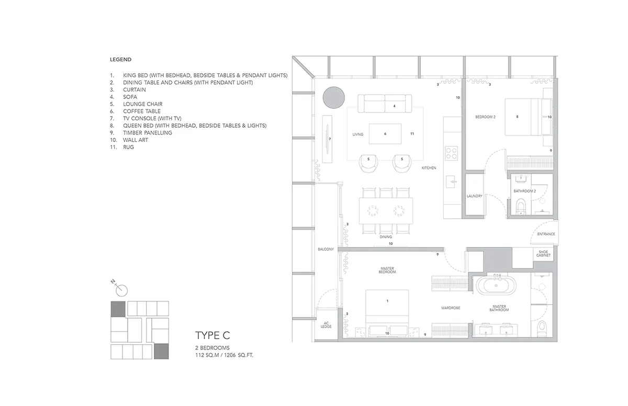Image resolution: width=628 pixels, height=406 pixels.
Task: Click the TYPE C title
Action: point(212,335)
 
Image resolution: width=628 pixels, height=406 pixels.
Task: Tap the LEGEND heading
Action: point(120,60)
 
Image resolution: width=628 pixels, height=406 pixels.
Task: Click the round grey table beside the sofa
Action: point(334,97)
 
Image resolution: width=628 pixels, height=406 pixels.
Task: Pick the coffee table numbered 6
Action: point(385,134)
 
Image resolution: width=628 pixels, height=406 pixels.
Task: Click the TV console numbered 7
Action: point(327,139)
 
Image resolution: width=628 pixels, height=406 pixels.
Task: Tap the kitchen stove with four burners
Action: point(451,153)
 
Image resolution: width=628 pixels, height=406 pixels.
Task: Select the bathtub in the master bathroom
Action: point(496,286)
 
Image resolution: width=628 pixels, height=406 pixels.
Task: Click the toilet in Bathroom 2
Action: point(521,207)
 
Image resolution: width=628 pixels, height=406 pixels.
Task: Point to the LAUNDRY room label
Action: point(474,196)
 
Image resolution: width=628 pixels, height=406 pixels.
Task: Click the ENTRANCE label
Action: point(546,234)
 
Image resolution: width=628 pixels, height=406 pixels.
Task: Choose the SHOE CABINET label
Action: point(543,254)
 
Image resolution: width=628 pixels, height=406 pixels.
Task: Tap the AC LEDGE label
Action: point(326,325)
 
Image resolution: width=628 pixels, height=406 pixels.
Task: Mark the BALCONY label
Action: point(326,249)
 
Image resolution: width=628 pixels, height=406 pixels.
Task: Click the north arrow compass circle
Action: point(121,290)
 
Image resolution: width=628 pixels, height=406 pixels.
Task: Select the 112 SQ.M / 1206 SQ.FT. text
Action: point(225,355)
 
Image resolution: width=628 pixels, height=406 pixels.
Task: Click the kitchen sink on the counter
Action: point(451,182)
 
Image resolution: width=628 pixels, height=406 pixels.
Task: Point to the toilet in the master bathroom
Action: point(542,329)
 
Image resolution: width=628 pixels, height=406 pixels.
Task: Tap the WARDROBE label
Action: point(451,308)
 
